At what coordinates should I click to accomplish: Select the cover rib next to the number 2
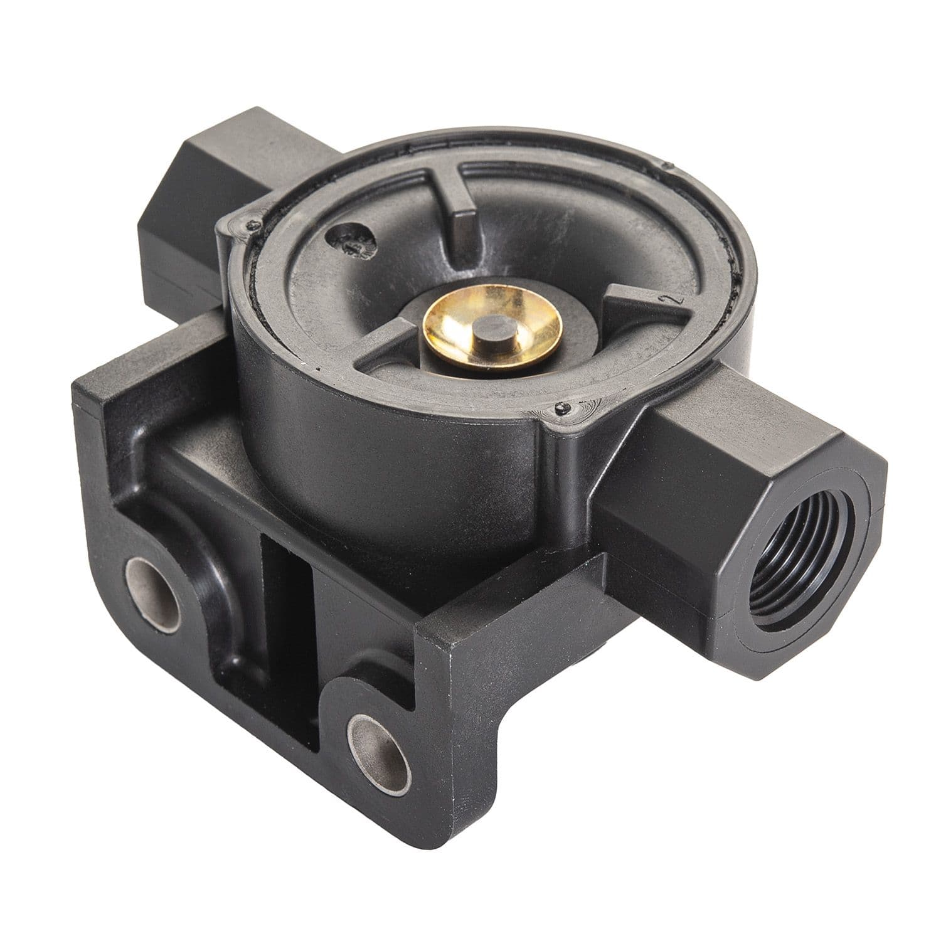coord(634,309)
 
